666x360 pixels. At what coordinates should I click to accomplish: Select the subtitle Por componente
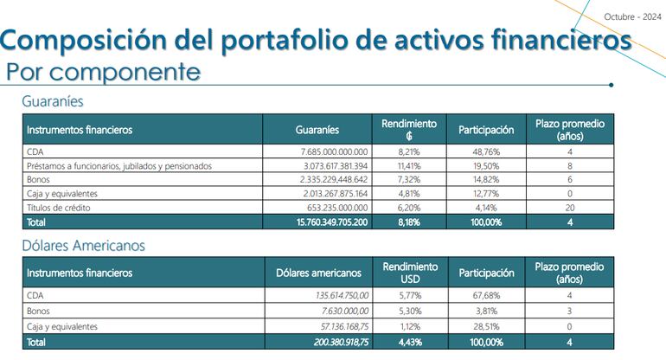click(103, 71)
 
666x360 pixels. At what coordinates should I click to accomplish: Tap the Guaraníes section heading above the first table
click(53, 101)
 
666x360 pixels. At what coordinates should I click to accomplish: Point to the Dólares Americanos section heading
click(83, 245)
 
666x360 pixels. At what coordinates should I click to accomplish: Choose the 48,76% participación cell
click(485, 151)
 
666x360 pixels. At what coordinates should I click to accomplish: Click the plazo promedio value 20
click(569, 208)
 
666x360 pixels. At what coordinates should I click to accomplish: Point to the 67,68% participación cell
click(485, 295)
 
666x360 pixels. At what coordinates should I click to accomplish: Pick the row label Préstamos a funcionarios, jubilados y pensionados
click(119, 165)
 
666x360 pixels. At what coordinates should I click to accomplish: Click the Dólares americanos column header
click(318, 273)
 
